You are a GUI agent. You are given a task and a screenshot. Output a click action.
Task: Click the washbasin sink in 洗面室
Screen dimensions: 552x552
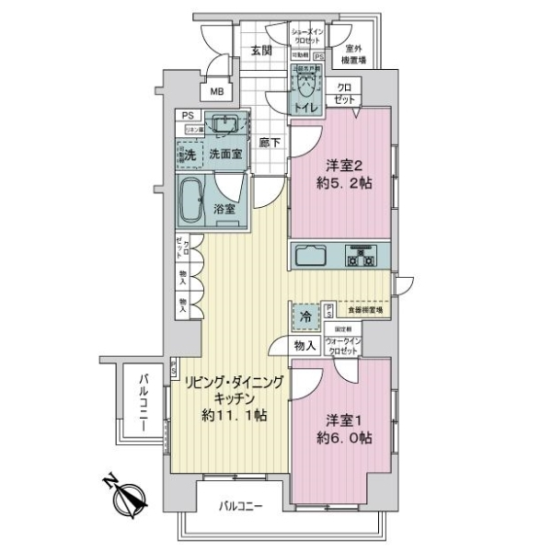point(224,125)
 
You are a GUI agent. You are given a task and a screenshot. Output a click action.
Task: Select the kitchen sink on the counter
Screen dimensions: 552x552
point(313,255)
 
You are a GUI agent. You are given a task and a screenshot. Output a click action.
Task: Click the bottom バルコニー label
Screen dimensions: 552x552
point(241,506)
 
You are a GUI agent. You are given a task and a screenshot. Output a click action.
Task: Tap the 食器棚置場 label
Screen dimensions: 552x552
point(364,311)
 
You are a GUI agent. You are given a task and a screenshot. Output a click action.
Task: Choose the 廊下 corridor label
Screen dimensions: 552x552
point(269,144)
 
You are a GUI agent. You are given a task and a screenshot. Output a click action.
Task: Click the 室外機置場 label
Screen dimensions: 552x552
point(354,54)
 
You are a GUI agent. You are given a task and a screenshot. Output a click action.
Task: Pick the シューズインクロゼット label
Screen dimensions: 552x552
point(306,38)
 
